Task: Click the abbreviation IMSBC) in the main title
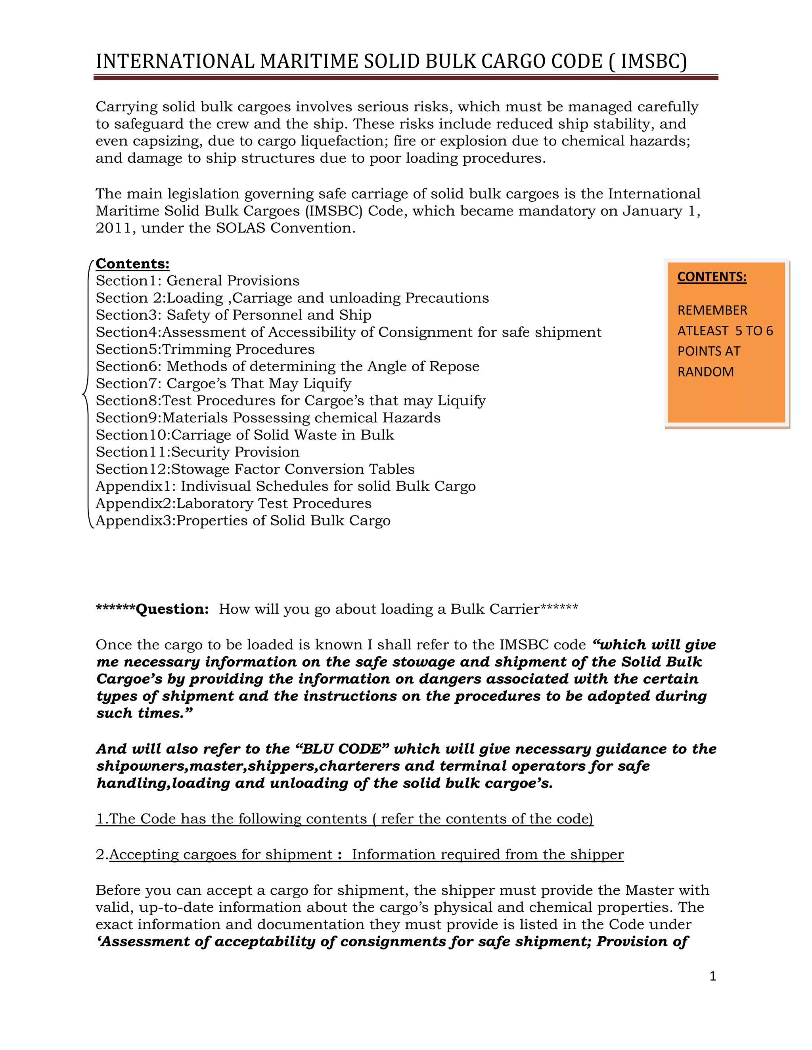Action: coord(653,61)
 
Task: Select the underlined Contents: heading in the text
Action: coord(132,263)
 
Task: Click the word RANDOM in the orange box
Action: coord(705,372)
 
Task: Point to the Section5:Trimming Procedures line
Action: coord(205,349)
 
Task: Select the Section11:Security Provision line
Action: coord(197,452)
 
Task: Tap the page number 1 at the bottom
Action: coord(712,976)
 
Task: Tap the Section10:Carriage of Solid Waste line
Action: coord(244,435)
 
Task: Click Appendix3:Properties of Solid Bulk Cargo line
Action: coord(243,521)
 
